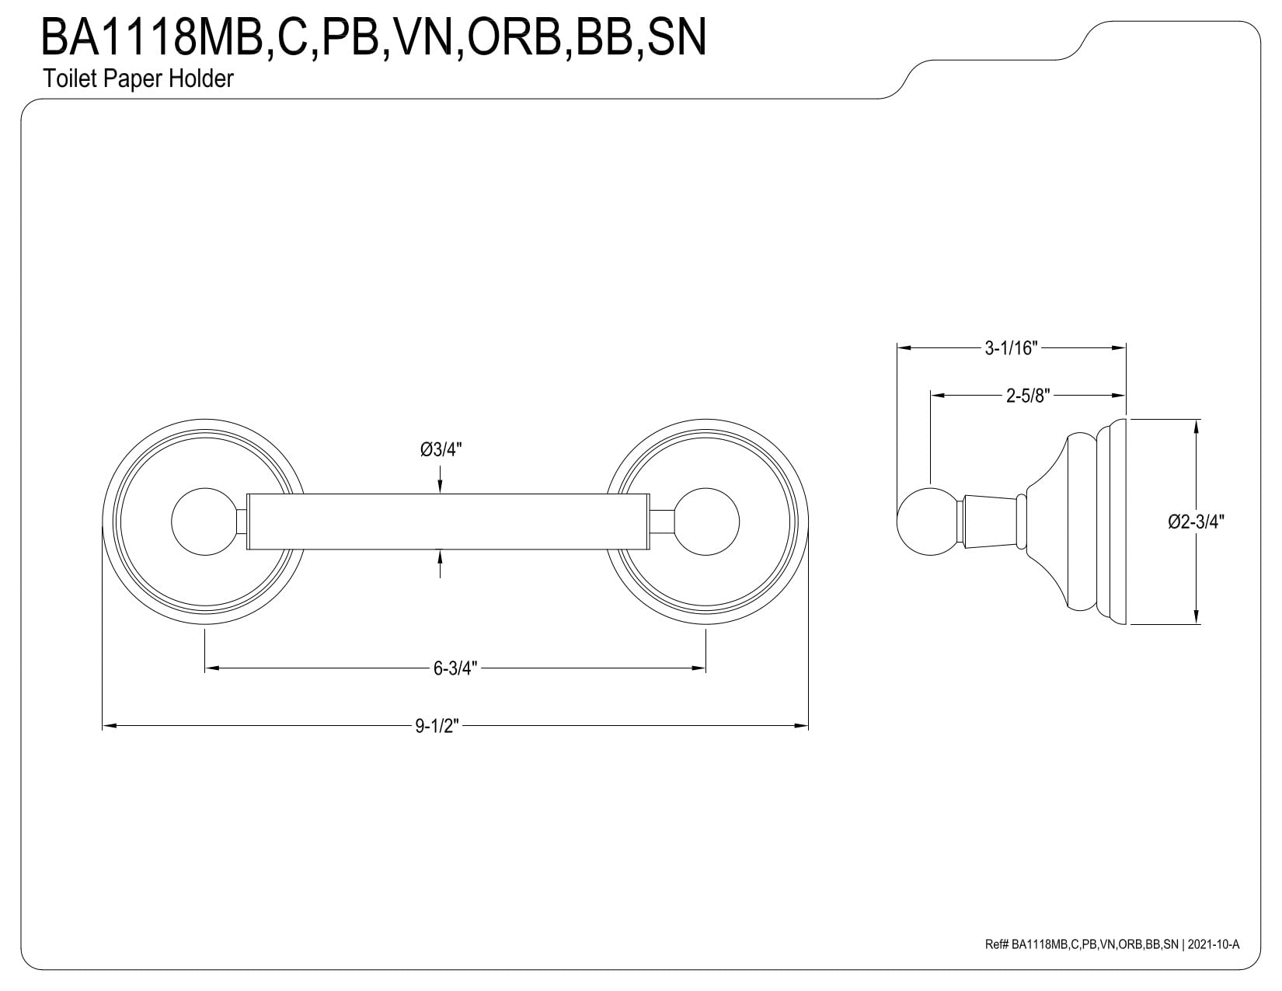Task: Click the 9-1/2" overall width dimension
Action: coord(437,726)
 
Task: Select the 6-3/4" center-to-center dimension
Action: coord(455,668)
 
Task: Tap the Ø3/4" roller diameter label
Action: coord(441,450)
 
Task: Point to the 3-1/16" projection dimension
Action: coord(1011,348)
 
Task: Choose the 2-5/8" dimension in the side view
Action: coord(1028,396)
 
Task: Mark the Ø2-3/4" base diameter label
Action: coord(1196,522)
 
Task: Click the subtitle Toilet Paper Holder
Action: coord(138,79)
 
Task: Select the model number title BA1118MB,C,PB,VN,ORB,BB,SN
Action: coord(373,37)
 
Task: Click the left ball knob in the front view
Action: coord(204,522)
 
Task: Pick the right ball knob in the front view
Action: coord(705,522)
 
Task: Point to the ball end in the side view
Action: coord(930,522)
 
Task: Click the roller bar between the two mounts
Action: coord(448,522)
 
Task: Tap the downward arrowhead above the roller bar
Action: coord(440,487)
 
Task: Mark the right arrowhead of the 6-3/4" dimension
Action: coord(699,668)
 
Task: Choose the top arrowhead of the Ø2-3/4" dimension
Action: coord(1197,426)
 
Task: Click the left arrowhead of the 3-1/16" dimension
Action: coord(904,348)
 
